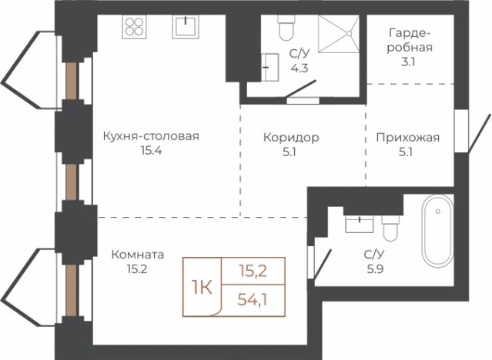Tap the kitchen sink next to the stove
coord(186,26)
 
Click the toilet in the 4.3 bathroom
coord(286,30)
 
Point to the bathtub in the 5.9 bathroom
coord(437,231)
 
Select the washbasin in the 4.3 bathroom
coord(270,65)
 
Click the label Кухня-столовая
coord(150,137)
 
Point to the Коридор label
coord(290,138)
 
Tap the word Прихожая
coord(407,138)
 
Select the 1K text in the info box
coord(201,287)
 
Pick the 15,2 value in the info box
coord(252,270)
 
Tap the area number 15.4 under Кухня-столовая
coord(150,151)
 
